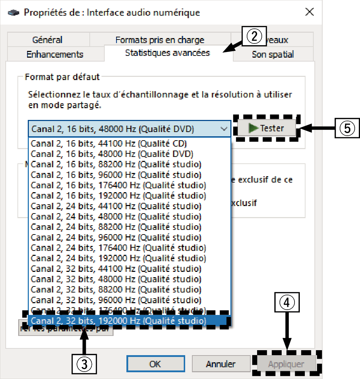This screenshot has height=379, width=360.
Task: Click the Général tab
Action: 47,40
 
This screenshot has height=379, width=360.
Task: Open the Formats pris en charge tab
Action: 160,40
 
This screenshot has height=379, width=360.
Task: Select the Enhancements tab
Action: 55,54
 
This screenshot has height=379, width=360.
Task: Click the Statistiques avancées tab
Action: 167,53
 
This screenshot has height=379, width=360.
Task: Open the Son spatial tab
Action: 273,54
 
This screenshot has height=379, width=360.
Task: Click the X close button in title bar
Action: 309,12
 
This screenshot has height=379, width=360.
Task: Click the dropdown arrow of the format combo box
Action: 224,129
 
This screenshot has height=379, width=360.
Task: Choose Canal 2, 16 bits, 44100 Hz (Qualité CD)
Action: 109,143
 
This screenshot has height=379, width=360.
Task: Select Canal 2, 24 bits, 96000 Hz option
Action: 116,237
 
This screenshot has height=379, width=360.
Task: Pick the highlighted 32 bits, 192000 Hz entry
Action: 118,321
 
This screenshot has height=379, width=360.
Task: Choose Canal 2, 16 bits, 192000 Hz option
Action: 118,195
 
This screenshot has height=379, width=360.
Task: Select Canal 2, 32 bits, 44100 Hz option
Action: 116,269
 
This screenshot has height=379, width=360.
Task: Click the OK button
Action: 155,364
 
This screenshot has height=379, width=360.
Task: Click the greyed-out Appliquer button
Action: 286,364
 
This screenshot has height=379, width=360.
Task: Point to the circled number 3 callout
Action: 84,363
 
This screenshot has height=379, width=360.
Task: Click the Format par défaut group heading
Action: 62,77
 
